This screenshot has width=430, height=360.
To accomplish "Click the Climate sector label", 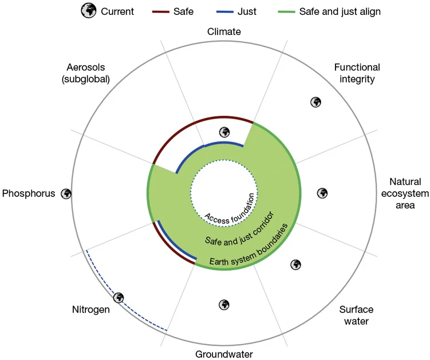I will pyautogui.click(x=224, y=32).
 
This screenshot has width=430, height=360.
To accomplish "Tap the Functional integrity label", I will pyautogui.click(x=357, y=73).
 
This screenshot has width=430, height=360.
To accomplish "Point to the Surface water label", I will pyautogui.click(x=353, y=315).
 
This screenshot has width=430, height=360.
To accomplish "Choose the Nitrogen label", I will pyautogui.click(x=90, y=311).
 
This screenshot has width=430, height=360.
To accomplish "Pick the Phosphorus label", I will pyautogui.click(x=29, y=193).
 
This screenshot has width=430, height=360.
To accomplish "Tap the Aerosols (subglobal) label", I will pyautogui.click(x=92, y=73).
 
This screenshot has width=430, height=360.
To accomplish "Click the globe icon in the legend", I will pyautogui.click(x=89, y=11).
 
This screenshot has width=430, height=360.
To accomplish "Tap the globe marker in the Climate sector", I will pyautogui.click(x=224, y=132).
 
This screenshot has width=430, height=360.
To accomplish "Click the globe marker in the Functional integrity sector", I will pyautogui.click(x=315, y=102).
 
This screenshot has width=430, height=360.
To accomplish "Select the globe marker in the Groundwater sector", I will pyautogui.click(x=224, y=304).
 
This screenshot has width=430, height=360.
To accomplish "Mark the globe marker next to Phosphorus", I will pyautogui.click(x=66, y=193).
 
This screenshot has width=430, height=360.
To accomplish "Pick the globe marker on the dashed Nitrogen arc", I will pyautogui.click(x=119, y=298).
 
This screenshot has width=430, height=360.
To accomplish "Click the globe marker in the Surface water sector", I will pyautogui.click(x=295, y=264).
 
